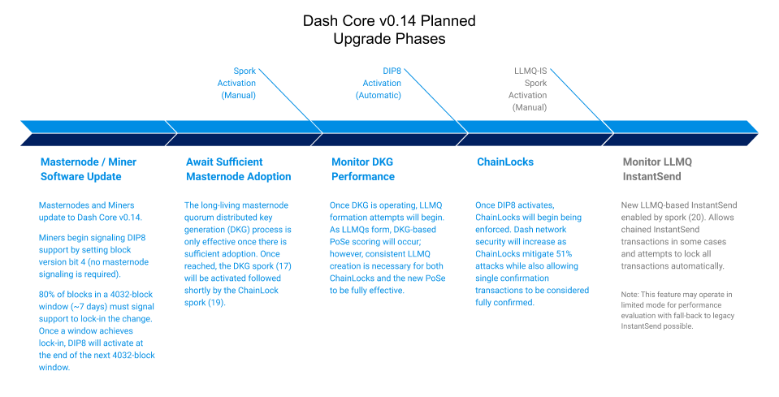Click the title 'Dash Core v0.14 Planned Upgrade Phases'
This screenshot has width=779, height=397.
[389, 30]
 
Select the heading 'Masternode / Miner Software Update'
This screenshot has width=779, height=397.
[89, 169]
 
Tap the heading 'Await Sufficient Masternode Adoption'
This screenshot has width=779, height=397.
[239, 169]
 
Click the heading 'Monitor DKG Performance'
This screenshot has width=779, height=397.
[363, 169]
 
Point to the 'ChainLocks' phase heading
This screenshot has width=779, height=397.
[505, 162]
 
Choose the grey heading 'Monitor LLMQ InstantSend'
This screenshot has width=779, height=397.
[657, 169]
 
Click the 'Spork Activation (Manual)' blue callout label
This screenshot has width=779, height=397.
[237, 83]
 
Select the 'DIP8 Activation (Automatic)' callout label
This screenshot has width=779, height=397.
[379, 83]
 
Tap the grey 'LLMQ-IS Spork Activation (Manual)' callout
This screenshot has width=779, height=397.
[528, 88]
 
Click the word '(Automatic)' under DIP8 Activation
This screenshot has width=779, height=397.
[379, 95]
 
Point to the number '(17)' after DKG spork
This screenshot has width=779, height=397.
[283, 266]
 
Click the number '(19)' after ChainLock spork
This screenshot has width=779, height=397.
[216, 302]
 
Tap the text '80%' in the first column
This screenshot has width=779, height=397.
[47, 294]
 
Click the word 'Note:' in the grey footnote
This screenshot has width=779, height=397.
[630, 294]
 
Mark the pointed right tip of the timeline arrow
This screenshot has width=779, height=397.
[758, 133]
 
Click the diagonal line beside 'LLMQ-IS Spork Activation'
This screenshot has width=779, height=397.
[582, 101]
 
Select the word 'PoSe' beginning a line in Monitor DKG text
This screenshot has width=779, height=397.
[340, 242]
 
